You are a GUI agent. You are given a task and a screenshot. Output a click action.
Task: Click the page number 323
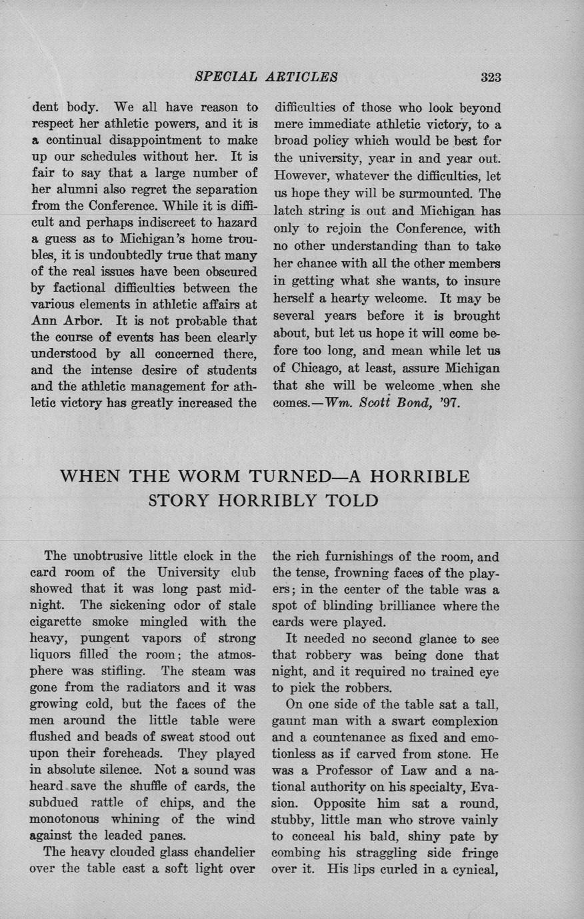491,77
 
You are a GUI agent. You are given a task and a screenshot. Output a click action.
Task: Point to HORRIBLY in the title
285,500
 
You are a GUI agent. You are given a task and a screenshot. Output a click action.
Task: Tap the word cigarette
59,622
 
